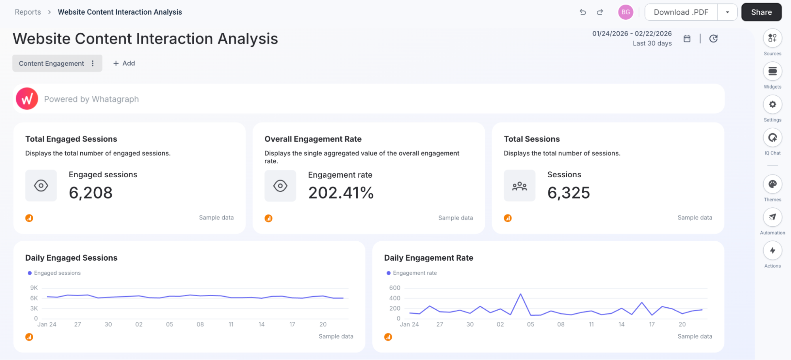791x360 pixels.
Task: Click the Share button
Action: tap(761, 12)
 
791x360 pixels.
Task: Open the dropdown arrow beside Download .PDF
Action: tap(727, 12)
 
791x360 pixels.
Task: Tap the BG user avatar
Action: tap(625, 12)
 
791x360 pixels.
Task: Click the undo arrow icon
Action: tap(582, 12)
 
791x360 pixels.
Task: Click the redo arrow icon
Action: tap(600, 12)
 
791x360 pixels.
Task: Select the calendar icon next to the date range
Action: tap(687, 39)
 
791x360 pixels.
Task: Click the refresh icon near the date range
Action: tap(713, 39)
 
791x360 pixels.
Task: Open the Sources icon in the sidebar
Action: tap(772, 38)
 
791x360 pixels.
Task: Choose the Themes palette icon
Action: tap(772, 184)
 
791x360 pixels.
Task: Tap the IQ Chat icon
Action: tap(772, 138)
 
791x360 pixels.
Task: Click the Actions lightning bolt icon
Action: tap(772, 250)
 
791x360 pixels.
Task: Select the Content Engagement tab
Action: tap(51, 63)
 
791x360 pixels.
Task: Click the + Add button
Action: tap(124, 63)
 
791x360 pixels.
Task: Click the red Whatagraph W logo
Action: tap(27, 99)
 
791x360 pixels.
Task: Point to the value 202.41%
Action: tap(341, 193)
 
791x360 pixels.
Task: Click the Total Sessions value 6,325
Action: tap(568, 193)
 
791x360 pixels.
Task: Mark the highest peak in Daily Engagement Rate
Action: tap(520, 294)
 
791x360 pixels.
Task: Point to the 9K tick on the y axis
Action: tap(34, 288)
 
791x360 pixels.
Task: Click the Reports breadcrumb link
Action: tap(28, 12)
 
